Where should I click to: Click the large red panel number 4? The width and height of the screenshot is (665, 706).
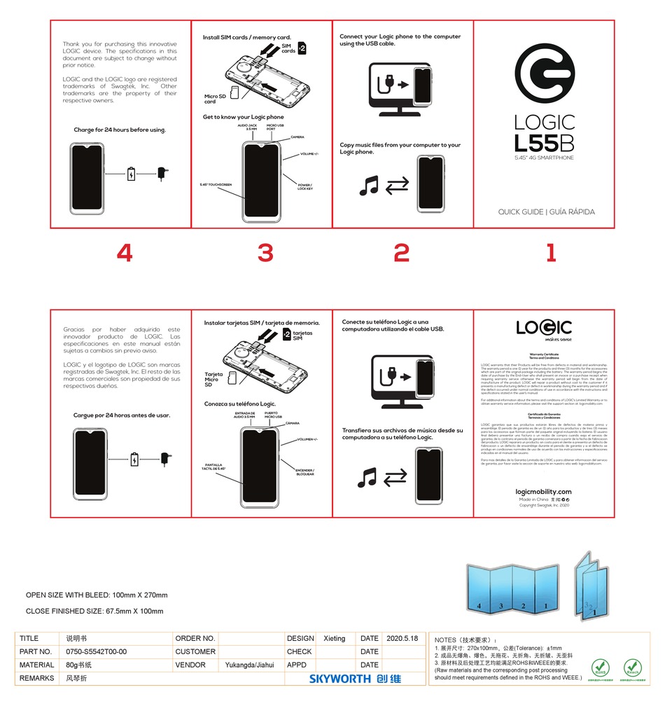(x=124, y=253)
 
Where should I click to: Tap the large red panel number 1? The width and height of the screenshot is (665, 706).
(x=550, y=253)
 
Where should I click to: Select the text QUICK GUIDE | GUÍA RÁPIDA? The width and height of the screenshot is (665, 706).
(x=547, y=212)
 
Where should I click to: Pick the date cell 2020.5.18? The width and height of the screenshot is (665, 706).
(x=402, y=638)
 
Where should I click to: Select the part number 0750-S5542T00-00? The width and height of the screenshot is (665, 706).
(x=91, y=651)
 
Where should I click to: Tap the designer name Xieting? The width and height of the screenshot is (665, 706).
(x=335, y=638)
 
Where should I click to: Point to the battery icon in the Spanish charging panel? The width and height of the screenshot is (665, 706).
(x=135, y=460)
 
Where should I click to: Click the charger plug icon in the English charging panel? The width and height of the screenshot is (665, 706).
(x=162, y=173)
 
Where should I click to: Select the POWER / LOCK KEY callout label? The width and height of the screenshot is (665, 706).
(x=304, y=186)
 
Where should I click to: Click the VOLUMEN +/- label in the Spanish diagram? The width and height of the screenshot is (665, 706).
(x=307, y=439)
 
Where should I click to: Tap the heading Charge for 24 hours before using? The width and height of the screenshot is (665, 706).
(x=120, y=130)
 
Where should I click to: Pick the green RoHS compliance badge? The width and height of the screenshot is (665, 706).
(x=598, y=667)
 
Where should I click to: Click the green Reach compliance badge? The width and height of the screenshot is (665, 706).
(x=632, y=667)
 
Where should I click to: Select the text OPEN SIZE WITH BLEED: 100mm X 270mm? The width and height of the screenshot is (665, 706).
(x=97, y=595)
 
